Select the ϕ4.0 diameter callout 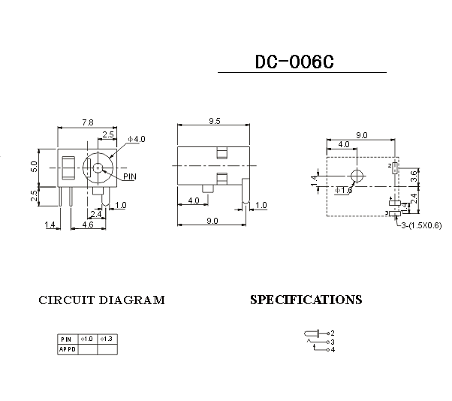137,139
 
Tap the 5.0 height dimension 34,166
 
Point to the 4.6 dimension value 87,225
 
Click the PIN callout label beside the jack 130,177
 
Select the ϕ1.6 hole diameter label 345,191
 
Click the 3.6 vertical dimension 414,178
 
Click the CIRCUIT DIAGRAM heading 101,300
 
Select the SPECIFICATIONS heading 306,300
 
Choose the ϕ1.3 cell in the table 107,339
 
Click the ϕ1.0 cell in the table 87,339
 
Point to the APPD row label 67,349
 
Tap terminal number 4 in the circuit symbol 332,349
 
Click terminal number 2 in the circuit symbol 332,333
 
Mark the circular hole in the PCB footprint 357,176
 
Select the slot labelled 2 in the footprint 395,167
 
